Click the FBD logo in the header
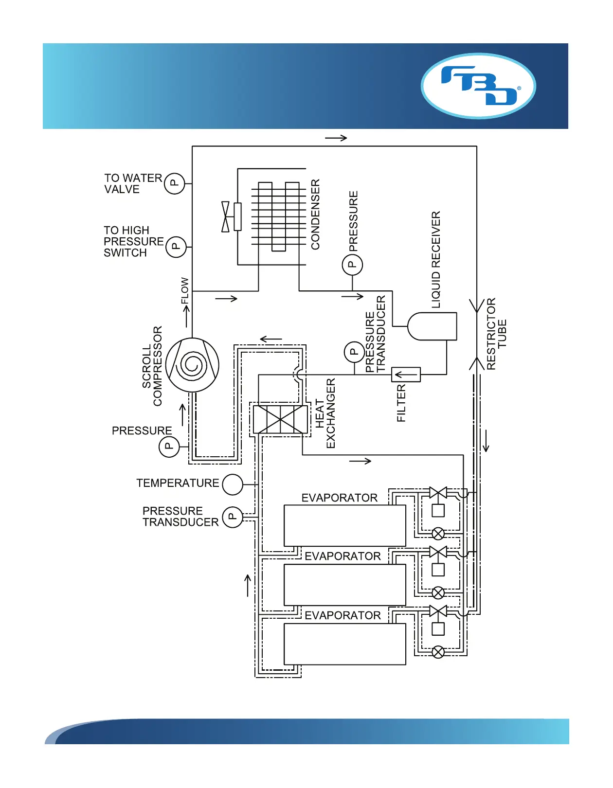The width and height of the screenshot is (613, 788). click(x=478, y=86)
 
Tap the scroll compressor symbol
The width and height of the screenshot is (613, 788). click(x=192, y=365)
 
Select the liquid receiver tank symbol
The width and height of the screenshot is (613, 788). click(x=432, y=326)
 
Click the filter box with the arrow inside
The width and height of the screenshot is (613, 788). click(x=406, y=375)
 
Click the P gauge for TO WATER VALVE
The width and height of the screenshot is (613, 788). click(x=174, y=183)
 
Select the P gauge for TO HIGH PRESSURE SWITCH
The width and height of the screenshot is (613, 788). click(x=176, y=247)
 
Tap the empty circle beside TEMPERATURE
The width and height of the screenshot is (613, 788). click(x=233, y=484)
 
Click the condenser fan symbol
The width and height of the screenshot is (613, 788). click(x=226, y=216)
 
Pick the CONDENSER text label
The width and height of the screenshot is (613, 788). click(x=316, y=215)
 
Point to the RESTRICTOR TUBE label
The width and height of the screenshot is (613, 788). click(x=497, y=334)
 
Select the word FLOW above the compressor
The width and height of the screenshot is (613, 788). click(x=185, y=290)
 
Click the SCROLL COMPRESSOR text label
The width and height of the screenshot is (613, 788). click(x=152, y=366)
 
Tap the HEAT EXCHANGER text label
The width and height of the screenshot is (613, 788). click(x=325, y=413)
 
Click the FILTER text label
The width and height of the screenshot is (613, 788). click(x=401, y=403)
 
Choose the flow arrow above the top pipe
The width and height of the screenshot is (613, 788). click(x=336, y=138)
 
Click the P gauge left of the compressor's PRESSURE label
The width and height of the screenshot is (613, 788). click(x=169, y=446)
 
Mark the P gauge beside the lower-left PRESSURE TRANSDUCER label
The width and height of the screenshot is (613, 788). click(x=233, y=517)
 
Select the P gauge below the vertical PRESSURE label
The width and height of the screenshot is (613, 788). click(x=352, y=265)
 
